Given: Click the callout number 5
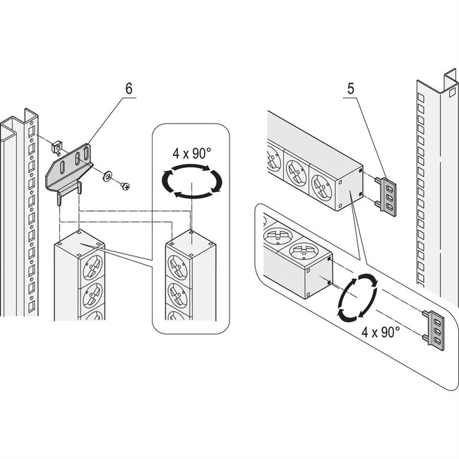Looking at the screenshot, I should pos(350,89).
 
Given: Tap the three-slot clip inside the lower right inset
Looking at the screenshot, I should pos(434,330).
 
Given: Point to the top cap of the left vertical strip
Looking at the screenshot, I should pos(80,244).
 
